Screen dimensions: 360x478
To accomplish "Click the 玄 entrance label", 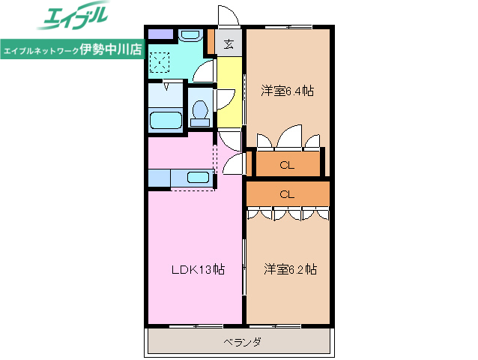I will (229, 43).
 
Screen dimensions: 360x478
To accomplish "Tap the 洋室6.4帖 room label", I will (287, 91).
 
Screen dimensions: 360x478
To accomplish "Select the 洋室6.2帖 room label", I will (289, 268).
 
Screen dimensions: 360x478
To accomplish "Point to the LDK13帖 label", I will (196, 268).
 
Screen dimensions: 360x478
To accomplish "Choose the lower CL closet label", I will (287, 194).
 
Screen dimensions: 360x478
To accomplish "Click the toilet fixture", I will (199, 110).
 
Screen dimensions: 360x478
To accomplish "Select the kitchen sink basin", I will (198, 178).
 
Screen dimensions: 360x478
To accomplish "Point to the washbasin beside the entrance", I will (190, 34).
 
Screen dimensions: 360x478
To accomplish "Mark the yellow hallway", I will (230, 90).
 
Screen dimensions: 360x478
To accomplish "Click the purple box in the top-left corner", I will (160, 33).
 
